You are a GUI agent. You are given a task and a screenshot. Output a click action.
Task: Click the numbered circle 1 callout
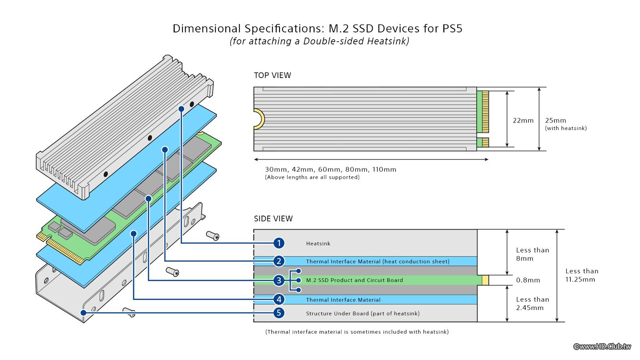(x=279, y=243)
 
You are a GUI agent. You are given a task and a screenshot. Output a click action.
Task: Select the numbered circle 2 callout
(x=279, y=261)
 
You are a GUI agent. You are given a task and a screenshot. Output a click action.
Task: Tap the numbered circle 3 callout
(x=279, y=280)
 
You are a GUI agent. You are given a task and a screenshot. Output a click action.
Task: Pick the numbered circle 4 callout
(x=279, y=299)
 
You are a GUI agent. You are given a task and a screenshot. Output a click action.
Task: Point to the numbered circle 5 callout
(x=279, y=313)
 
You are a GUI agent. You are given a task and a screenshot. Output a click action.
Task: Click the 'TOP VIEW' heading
(x=272, y=76)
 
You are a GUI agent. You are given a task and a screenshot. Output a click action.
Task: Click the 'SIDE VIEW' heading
(x=273, y=219)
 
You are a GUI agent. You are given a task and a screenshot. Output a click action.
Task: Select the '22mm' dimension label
(x=523, y=120)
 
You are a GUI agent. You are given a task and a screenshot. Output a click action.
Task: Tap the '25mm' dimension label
(x=556, y=120)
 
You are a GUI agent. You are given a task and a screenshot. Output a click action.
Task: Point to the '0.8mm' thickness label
(x=528, y=280)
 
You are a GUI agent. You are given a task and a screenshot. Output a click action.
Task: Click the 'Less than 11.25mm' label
(x=582, y=275)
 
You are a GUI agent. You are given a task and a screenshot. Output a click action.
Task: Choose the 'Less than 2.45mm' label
(x=532, y=304)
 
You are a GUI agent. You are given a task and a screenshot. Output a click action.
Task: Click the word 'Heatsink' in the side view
(x=318, y=244)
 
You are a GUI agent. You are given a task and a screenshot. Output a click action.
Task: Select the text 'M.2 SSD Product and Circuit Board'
(x=354, y=280)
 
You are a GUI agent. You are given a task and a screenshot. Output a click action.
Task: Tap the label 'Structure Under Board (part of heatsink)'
(x=363, y=314)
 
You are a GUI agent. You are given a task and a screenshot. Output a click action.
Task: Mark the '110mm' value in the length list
(x=384, y=170)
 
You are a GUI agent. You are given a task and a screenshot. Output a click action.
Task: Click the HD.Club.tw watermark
(x=602, y=346)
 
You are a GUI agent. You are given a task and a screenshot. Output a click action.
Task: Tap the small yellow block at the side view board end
(x=485, y=280)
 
